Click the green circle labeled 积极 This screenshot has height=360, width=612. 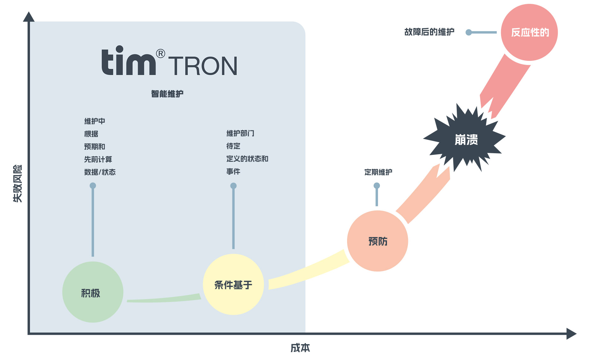coord(92,292)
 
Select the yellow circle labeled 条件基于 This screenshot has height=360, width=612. coord(233,284)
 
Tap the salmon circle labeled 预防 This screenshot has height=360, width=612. coord(377,241)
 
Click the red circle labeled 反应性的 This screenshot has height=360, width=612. coord(529,32)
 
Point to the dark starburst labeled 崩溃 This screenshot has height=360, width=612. coord(466,140)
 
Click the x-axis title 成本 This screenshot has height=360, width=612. coord(300,348)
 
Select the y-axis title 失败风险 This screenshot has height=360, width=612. coord(18,184)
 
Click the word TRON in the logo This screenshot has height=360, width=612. coord(203,66)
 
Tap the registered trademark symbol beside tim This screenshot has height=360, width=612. coord(161,53)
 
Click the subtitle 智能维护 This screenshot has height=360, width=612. coord(167,94)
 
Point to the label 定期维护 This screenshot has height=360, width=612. coord(378,172)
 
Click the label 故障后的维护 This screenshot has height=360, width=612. coord(429,32)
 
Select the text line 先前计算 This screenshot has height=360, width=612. coord(98,159)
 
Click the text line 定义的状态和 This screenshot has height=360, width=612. coord(247,159)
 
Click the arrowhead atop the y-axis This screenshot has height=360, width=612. coord(29,17)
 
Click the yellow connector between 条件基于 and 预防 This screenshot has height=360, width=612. coord(308,271)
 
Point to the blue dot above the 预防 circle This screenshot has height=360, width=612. coord(377,185)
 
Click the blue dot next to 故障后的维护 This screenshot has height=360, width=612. coord(469,32)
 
